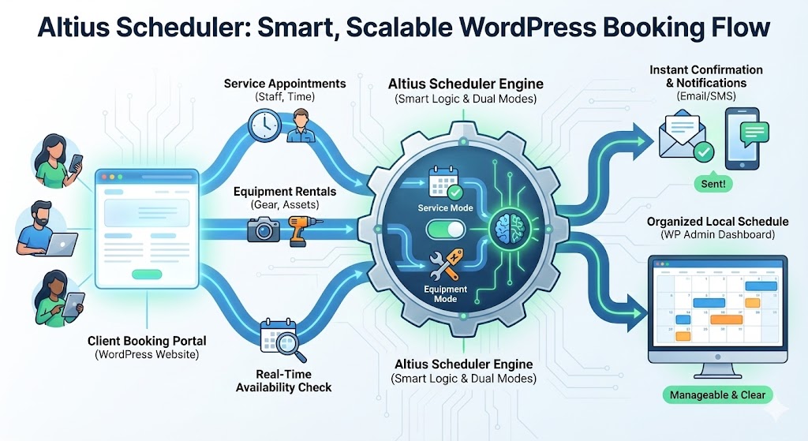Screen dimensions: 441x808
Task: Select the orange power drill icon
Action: [x=299, y=229]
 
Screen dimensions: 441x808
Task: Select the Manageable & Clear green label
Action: [x=716, y=394]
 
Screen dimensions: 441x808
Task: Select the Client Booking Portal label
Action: [x=148, y=341]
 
